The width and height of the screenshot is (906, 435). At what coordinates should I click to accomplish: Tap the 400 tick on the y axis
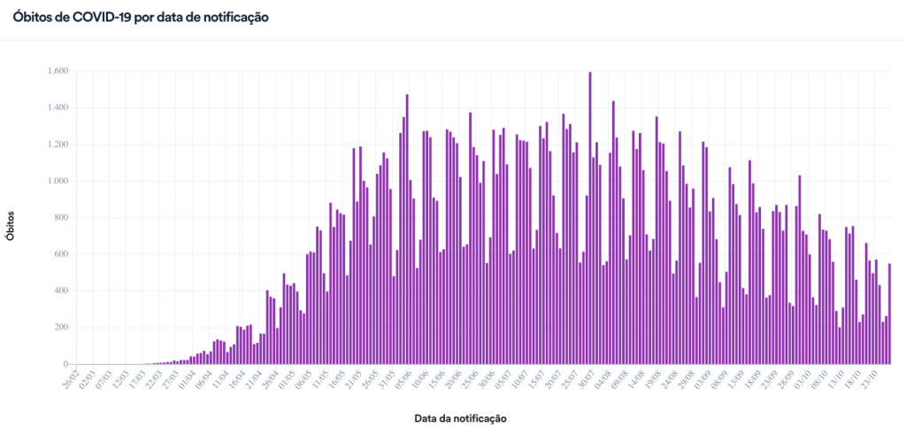[x=62, y=291]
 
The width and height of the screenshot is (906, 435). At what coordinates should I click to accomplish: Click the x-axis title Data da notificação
[x=460, y=416]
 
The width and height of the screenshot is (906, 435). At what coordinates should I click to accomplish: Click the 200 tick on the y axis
[x=62, y=328]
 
